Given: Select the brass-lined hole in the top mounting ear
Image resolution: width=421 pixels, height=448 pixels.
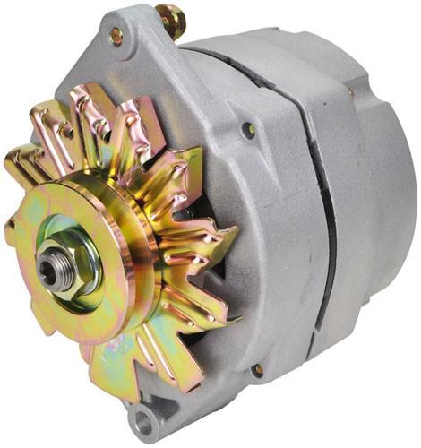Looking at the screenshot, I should (x=116, y=37).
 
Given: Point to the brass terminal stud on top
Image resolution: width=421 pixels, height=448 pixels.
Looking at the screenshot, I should (x=168, y=20).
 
